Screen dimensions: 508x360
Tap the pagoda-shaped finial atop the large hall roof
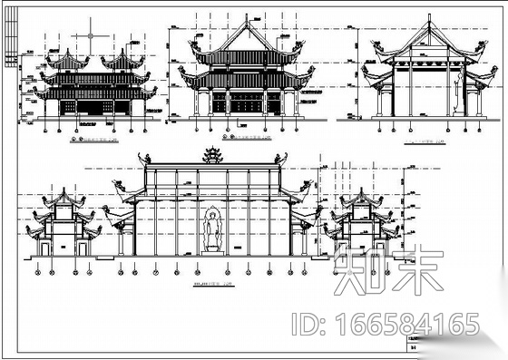click(x=213, y=155)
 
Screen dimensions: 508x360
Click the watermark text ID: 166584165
click(x=385, y=324)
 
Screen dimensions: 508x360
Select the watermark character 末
click(x=414, y=270)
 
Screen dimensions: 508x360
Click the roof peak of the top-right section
click(x=425, y=20)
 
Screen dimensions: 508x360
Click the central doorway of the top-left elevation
click(x=93, y=108)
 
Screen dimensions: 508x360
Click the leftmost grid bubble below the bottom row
click(x=36, y=270)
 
